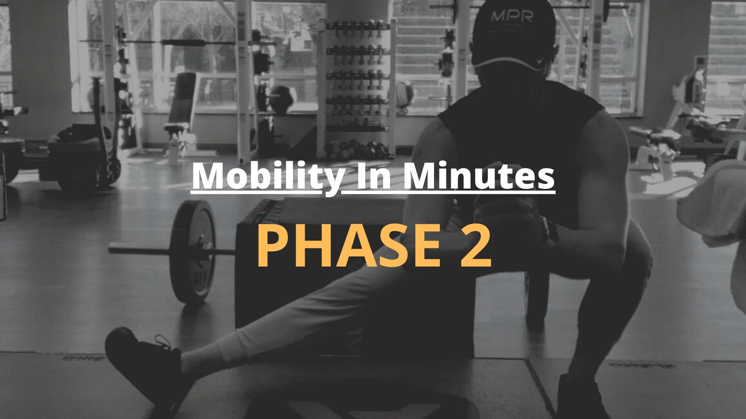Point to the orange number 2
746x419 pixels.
point(476,246)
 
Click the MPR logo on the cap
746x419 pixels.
point(512,16)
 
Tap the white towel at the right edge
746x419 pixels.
point(711,202)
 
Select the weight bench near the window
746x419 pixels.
point(181,113)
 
